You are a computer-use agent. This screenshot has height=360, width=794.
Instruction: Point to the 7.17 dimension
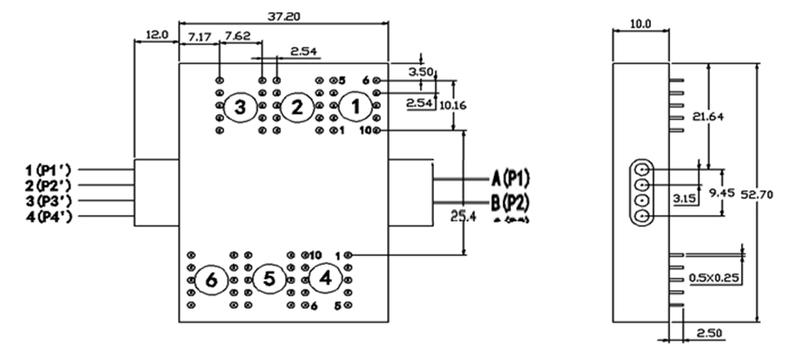pyautogui.click(x=199, y=37)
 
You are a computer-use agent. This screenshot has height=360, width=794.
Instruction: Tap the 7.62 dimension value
pyautogui.click(x=237, y=37)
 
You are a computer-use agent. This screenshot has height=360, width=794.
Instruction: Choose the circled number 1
pyautogui.click(x=354, y=106)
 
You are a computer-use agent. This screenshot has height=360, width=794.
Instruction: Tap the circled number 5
pyautogui.click(x=268, y=280)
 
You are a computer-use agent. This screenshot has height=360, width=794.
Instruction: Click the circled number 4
pyautogui.click(x=326, y=279)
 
